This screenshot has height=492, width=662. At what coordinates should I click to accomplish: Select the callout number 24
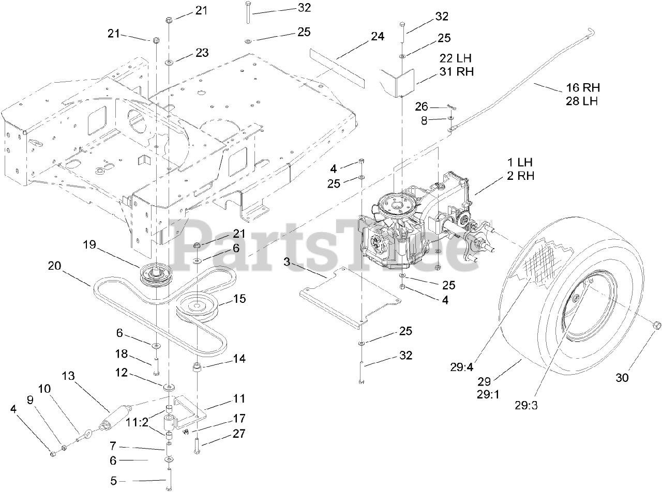[378, 37]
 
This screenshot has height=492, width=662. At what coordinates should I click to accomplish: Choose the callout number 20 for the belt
[54, 266]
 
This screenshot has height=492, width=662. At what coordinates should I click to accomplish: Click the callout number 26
[422, 106]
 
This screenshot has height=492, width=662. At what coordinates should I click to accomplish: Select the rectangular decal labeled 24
[337, 67]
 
